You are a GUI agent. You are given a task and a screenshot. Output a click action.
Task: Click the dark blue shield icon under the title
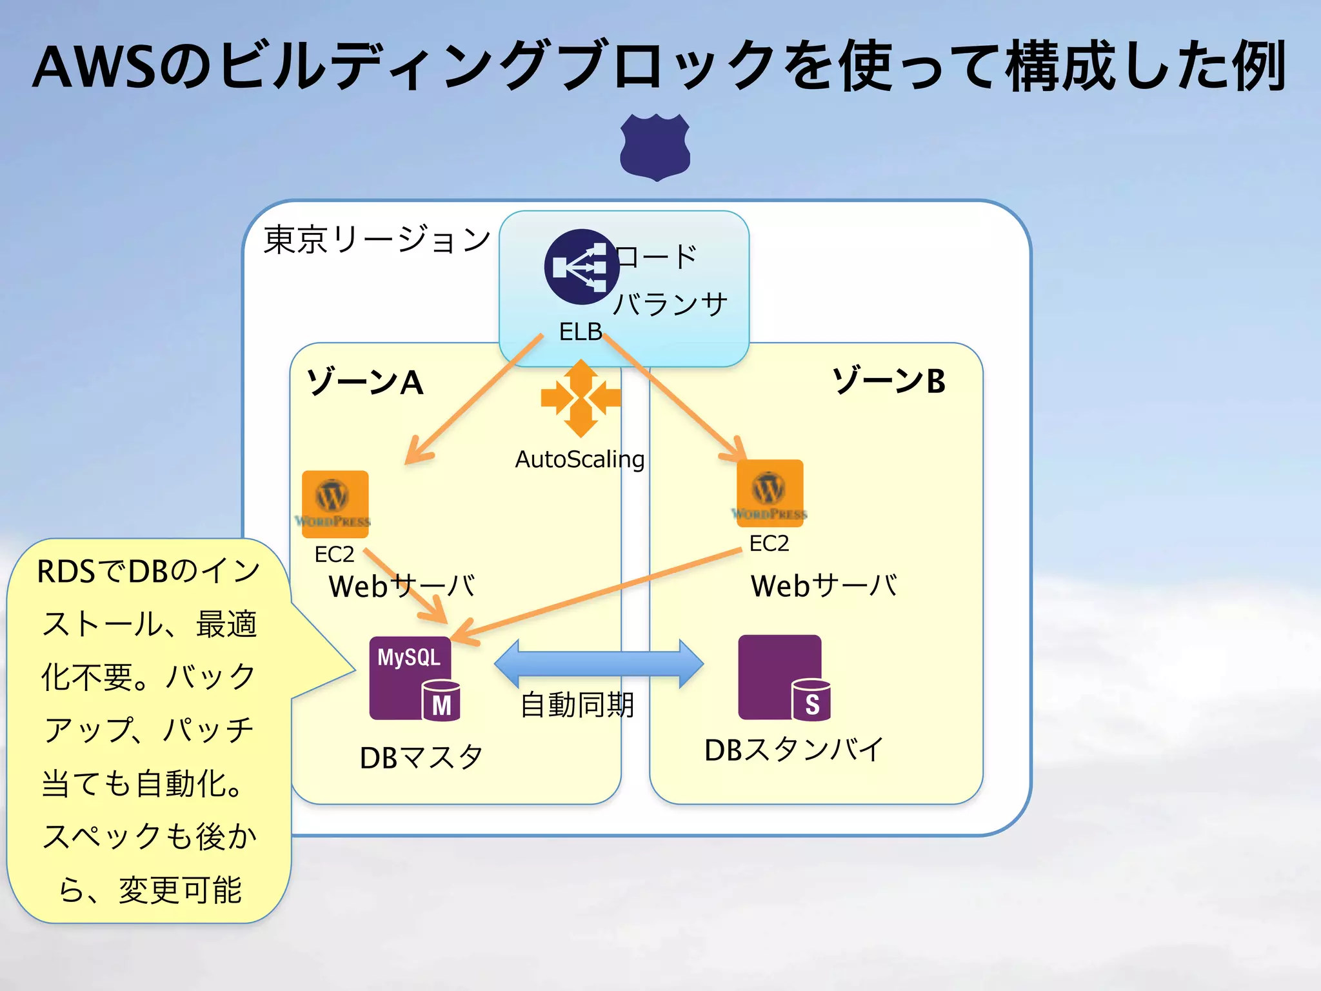point(655,147)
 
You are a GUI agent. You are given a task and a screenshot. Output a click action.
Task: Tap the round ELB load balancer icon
point(581,266)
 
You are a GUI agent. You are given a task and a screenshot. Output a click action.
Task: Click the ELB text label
point(580,332)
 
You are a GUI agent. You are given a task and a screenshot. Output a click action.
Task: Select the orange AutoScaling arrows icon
point(581,398)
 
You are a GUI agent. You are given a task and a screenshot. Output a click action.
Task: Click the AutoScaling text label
point(579,459)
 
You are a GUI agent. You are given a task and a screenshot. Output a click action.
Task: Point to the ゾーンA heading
point(364,382)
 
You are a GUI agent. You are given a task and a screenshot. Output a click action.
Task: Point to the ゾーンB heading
point(889,381)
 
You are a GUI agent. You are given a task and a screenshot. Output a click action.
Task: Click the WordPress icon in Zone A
point(335,504)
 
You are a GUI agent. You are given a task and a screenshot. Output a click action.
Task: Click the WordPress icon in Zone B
point(770,493)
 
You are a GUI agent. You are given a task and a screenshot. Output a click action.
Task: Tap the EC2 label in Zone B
point(769,543)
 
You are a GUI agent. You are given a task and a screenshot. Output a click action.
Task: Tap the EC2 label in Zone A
point(334,554)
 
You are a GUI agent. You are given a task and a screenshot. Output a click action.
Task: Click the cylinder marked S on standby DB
point(811,701)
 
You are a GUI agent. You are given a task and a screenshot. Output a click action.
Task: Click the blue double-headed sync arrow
point(599,664)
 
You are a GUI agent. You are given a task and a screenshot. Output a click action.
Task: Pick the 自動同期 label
point(577,704)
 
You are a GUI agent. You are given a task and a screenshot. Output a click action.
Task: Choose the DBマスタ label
point(421,757)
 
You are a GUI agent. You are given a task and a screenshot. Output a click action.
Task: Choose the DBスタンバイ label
point(793,750)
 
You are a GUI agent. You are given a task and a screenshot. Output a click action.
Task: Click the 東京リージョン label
point(377,240)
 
